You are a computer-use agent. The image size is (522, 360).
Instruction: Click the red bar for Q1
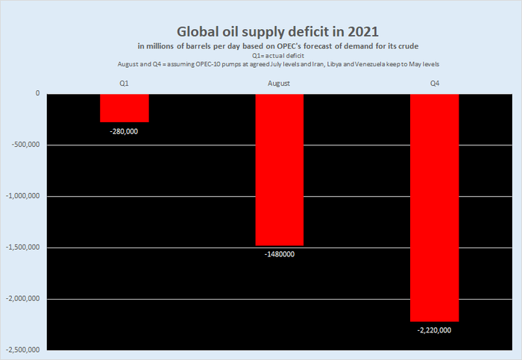pyautogui.click(x=125, y=108)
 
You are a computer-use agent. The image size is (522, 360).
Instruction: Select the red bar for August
pyautogui.click(x=280, y=169)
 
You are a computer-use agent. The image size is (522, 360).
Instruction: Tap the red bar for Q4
pyautogui.click(x=435, y=207)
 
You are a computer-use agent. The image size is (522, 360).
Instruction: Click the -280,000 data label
pyautogui.click(x=124, y=131)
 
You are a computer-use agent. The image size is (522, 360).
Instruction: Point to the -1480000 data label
pyautogui.click(x=280, y=254)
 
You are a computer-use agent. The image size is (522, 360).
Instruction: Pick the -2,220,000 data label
pyautogui.click(x=435, y=330)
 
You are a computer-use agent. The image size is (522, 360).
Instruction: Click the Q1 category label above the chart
pyautogui.click(x=124, y=83)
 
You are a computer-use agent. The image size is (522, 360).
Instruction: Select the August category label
pyautogui.click(x=279, y=83)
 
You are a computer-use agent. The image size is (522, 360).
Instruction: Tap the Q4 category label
pyautogui.click(x=435, y=83)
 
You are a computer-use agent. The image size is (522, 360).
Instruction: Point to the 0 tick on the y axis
pyautogui.click(x=37, y=94)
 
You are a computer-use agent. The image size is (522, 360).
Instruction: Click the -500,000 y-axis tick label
pyautogui.click(x=25, y=145)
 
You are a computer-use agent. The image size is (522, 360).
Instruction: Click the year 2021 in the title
pyautogui.click(x=361, y=32)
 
